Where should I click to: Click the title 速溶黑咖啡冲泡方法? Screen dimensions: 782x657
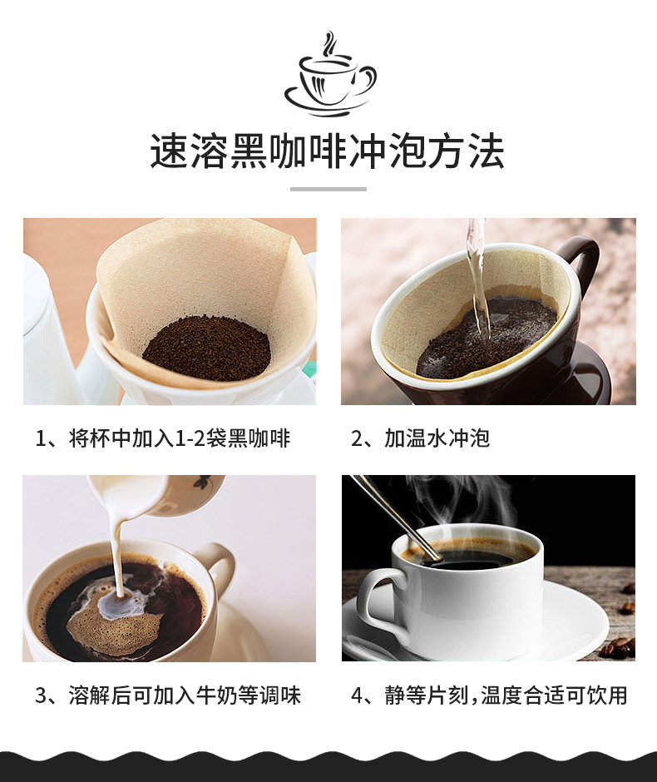(x=328, y=152)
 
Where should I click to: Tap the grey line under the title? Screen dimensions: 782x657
(x=328, y=190)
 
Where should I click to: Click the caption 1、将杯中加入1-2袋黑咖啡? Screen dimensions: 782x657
(x=163, y=438)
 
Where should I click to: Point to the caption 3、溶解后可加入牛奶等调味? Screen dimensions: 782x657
(x=168, y=695)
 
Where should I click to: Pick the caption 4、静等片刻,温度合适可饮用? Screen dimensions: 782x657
(x=489, y=695)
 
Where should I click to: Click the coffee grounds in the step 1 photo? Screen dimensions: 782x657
(x=206, y=348)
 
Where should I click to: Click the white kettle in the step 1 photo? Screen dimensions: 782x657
(x=50, y=333)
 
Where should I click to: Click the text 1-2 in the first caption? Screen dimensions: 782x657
(x=184, y=438)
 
